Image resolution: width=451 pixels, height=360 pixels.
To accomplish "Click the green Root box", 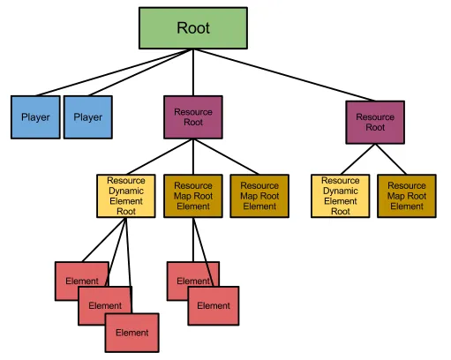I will click(193, 28).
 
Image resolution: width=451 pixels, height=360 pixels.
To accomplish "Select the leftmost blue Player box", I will click(35, 117).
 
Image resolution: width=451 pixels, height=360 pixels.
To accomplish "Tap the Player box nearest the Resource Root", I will click(87, 117).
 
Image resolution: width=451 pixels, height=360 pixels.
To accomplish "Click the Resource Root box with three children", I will click(193, 117).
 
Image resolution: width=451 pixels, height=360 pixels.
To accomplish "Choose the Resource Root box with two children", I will click(375, 122).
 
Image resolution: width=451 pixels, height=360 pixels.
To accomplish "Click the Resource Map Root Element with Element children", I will click(193, 196).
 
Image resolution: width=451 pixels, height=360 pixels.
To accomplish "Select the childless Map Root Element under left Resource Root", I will click(259, 196).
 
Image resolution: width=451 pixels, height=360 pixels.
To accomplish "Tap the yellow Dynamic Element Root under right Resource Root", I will click(340, 196).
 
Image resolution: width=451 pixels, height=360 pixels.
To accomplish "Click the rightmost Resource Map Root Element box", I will click(407, 196).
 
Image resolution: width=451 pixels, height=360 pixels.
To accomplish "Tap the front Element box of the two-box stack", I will click(213, 306).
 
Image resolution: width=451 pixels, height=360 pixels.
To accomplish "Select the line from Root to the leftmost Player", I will click(115, 72).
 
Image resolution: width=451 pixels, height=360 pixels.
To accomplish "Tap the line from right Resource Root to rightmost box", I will click(393, 159).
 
